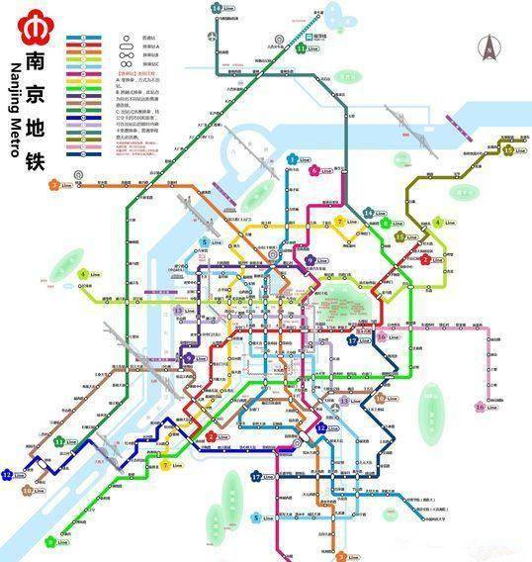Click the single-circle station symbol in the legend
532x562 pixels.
tap(127, 37)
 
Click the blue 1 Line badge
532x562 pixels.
tap(293, 159)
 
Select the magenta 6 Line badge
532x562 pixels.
tap(314, 170)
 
